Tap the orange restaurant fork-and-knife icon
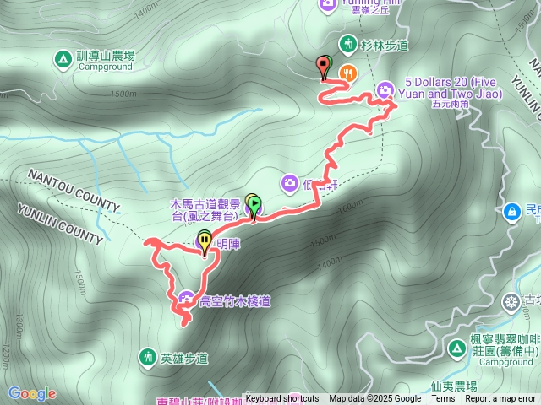(347, 74)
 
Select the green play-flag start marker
(254, 204)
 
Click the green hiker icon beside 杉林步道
(347, 43)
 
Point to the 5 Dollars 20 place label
(448, 88)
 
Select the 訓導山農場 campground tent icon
(62, 59)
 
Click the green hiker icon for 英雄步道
(148, 358)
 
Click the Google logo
(31, 393)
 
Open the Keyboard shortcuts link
(282, 399)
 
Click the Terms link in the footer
(443, 399)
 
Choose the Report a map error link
(501, 399)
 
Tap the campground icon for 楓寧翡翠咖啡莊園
(479, 347)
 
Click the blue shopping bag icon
(512, 211)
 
